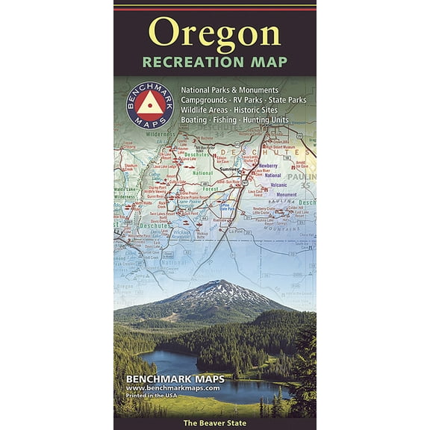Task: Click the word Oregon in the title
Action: (214, 33)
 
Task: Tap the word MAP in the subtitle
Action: (266, 61)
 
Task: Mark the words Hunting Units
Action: (272, 119)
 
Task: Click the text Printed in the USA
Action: (159, 396)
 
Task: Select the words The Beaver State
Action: (215, 423)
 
